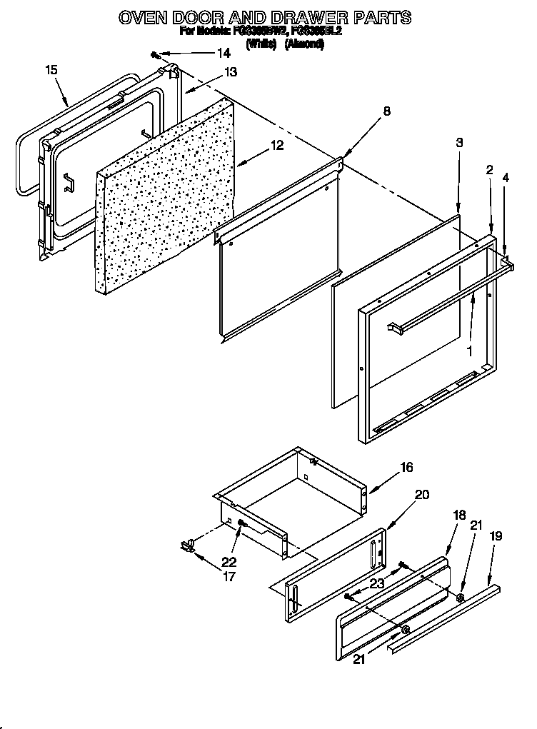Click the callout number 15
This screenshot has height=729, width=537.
coord(51,69)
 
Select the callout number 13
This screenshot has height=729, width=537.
coord(230,72)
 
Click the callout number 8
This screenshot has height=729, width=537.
coord(386,111)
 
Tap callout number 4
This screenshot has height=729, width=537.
coord(506,177)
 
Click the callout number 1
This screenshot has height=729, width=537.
coord(470,351)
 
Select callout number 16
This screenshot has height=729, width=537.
coord(406,468)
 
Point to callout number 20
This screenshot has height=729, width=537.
coord(421,493)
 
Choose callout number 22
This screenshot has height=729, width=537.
coord(229,562)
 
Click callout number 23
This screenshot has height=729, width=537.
coord(377,583)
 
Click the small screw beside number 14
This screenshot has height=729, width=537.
coord(155,54)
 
